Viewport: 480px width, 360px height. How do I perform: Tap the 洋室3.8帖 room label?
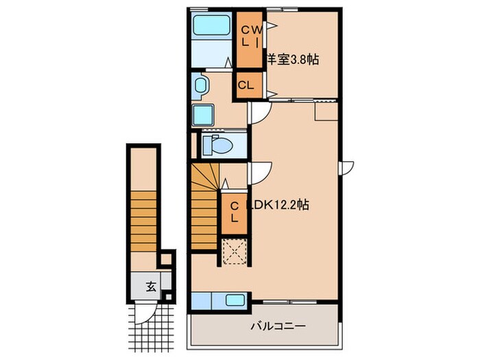pos(293,60)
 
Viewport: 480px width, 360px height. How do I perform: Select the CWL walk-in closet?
pos(249,40)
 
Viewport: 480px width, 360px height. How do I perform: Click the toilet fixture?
pos(219,145)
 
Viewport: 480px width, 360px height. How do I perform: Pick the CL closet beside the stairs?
pos(234,213)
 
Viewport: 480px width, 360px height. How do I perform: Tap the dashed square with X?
pos(235,252)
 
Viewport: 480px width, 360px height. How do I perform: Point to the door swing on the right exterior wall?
pos(346,167)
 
